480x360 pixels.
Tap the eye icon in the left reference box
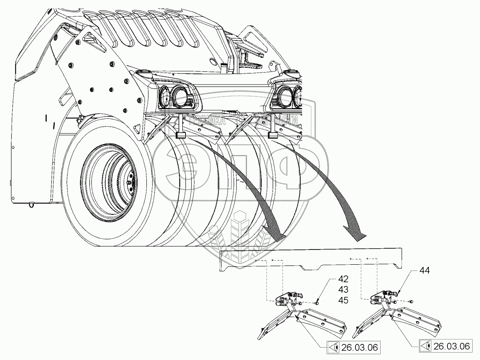[334, 348]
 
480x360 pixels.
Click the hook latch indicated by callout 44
[394, 294]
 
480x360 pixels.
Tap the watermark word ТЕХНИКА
[205, 120]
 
